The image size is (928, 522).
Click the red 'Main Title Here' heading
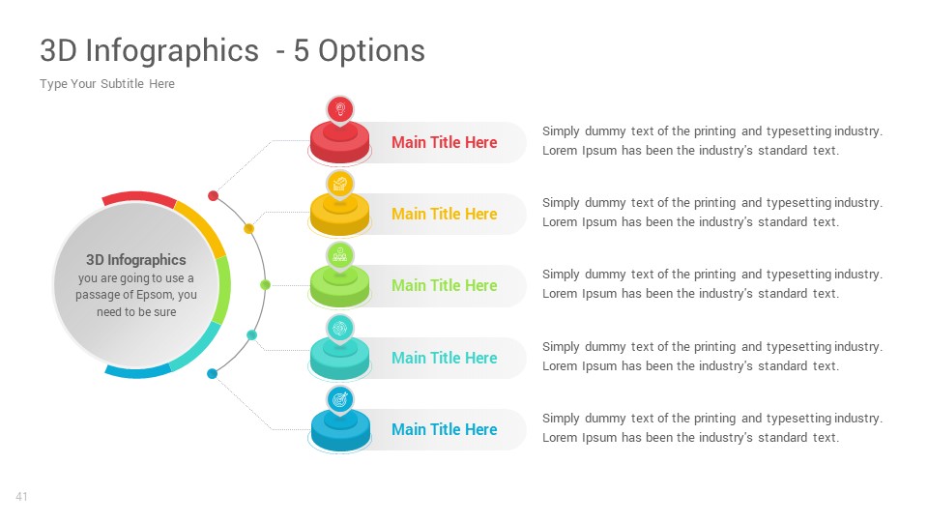pyautogui.click(x=444, y=143)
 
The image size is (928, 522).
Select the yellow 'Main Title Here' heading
pyautogui.click(x=444, y=215)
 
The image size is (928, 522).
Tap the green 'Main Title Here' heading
pyautogui.click(x=444, y=286)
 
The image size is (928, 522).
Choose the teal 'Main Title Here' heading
pyautogui.click(x=444, y=358)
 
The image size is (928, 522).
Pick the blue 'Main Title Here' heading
pyautogui.click(x=444, y=429)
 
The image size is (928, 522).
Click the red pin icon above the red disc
pyautogui.click(x=339, y=110)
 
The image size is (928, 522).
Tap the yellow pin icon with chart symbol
pyautogui.click(x=339, y=185)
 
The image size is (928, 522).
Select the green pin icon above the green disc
pyautogui.click(x=339, y=256)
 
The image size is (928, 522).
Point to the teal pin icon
pyautogui.click(x=339, y=329)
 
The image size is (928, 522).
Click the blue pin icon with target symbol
pyautogui.click(x=339, y=400)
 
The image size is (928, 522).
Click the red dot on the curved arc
pyautogui.click(x=213, y=196)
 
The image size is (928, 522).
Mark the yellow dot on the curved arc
pyautogui.click(x=249, y=229)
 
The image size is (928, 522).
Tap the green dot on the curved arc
pyautogui.click(x=265, y=285)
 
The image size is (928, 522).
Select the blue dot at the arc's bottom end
pyautogui.click(x=212, y=373)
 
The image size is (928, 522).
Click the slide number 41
pyautogui.click(x=21, y=497)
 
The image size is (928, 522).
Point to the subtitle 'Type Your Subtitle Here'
pyautogui.click(x=107, y=84)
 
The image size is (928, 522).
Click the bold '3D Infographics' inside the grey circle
pyautogui.click(x=136, y=260)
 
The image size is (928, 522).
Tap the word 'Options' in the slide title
pyautogui.click(x=371, y=51)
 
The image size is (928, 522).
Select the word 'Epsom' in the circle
pyautogui.click(x=155, y=295)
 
